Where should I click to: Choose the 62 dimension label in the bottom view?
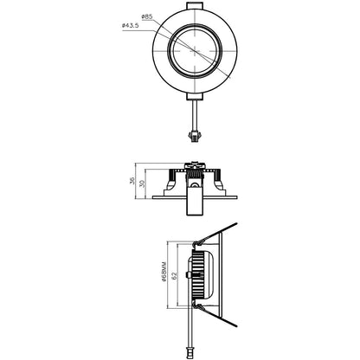coord(175,277)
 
